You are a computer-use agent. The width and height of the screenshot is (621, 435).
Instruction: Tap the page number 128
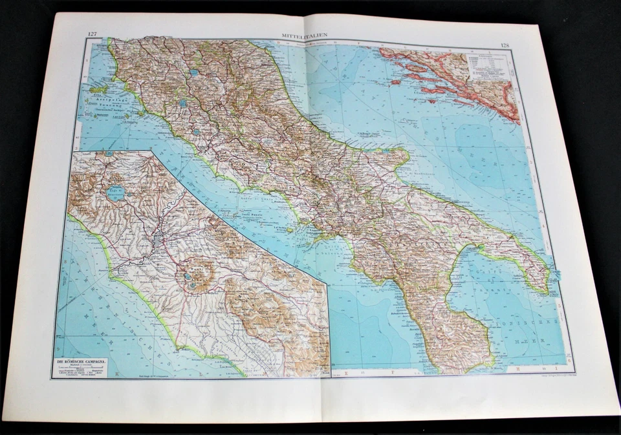(505, 45)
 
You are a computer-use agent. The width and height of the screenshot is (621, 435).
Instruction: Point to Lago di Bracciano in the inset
(116, 193)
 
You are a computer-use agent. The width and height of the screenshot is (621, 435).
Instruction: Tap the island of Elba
(99, 89)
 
